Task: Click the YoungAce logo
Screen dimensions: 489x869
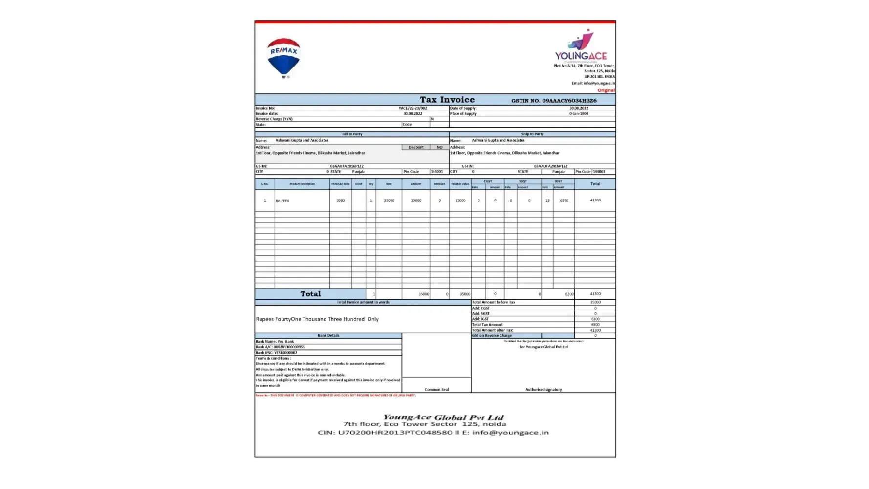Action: click(x=581, y=46)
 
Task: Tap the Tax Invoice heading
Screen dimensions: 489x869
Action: click(x=447, y=100)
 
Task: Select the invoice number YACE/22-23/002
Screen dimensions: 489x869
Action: click(x=413, y=108)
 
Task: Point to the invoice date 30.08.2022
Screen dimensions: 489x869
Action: click(x=413, y=113)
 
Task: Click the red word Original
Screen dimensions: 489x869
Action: click(x=606, y=90)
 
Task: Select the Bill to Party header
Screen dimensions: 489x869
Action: click(x=352, y=134)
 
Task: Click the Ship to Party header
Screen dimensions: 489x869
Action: click(x=532, y=134)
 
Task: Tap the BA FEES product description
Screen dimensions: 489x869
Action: click(x=282, y=200)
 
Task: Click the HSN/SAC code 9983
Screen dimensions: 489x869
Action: click(x=341, y=200)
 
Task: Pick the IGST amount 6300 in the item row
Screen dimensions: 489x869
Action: click(x=564, y=200)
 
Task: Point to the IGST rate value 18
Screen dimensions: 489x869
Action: click(x=547, y=200)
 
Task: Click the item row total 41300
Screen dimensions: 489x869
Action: click(x=595, y=200)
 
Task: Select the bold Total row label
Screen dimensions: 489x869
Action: click(x=310, y=294)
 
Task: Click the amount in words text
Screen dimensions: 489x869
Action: click(x=317, y=319)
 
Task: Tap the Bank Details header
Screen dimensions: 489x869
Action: click(x=328, y=336)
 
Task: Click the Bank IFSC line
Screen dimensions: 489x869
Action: click(x=276, y=353)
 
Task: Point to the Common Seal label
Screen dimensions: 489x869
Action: click(x=436, y=390)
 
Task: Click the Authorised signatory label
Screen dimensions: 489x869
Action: click(x=543, y=390)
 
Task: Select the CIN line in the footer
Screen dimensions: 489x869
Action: click(x=433, y=433)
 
